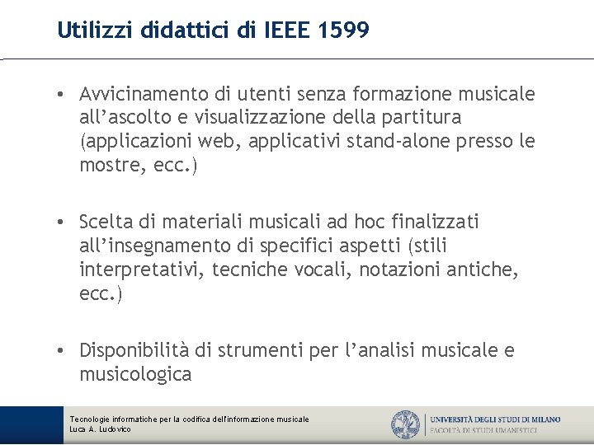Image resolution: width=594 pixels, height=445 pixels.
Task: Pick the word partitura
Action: coord(422,118)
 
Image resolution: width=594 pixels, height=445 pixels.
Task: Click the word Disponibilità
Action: coord(135,351)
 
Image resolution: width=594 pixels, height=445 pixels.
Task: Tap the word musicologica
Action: coord(135,374)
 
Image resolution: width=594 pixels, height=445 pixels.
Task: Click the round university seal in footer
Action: coord(406,424)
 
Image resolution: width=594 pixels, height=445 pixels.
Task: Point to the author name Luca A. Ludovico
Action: coord(101,429)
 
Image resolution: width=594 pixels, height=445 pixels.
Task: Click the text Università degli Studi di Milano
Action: coord(495,419)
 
